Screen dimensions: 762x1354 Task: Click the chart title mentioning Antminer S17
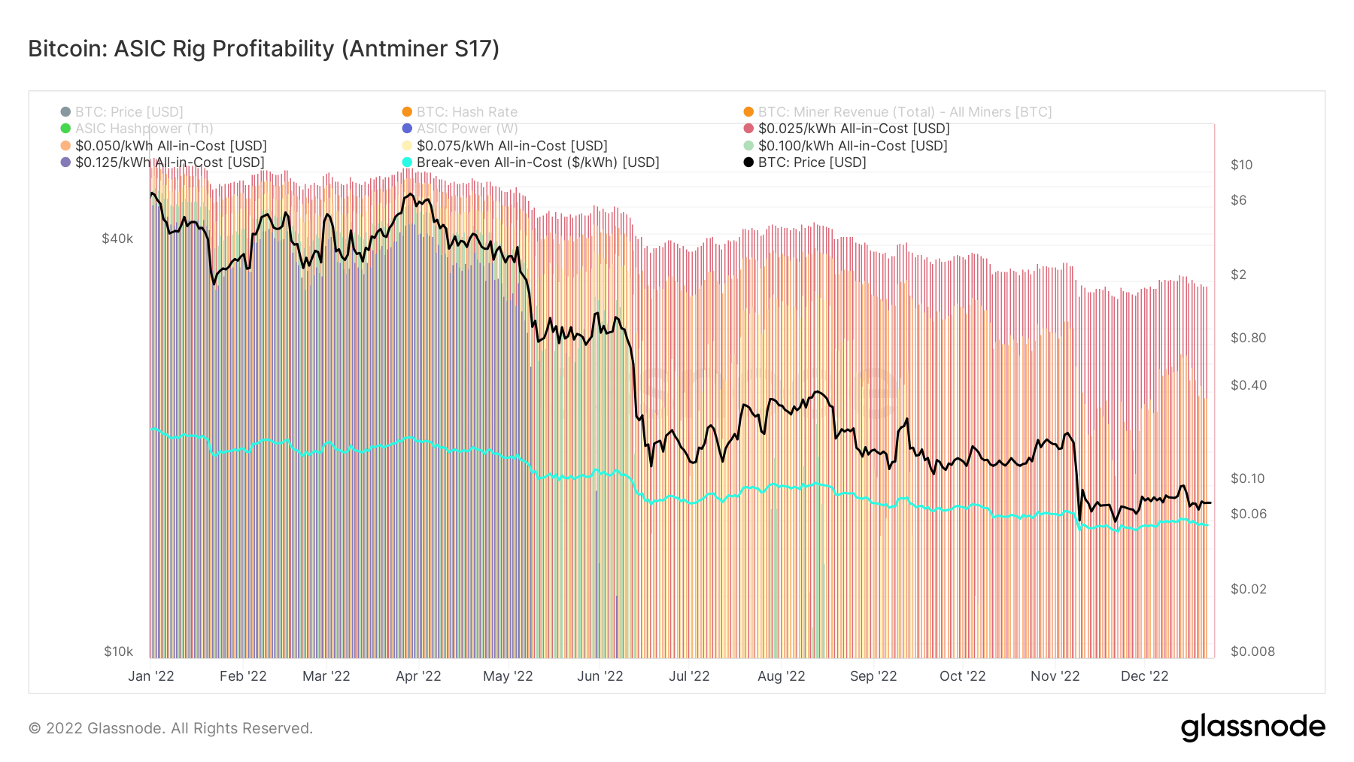click(263, 49)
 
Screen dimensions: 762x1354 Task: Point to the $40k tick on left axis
click(117, 239)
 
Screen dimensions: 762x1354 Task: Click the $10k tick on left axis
click(118, 651)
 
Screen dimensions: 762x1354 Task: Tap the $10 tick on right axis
click(1241, 165)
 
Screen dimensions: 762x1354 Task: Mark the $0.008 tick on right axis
click(1252, 651)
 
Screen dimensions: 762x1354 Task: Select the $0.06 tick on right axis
click(1248, 514)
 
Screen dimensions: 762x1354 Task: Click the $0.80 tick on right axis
click(1248, 338)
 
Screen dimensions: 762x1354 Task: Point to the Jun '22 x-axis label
click(600, 676)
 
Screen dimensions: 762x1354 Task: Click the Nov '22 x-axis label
click(1055, 676)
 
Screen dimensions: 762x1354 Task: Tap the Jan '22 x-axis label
click(151, 676)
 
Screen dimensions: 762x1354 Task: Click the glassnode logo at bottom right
click(1252, 727)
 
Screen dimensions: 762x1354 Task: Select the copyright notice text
click(171, 728)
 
